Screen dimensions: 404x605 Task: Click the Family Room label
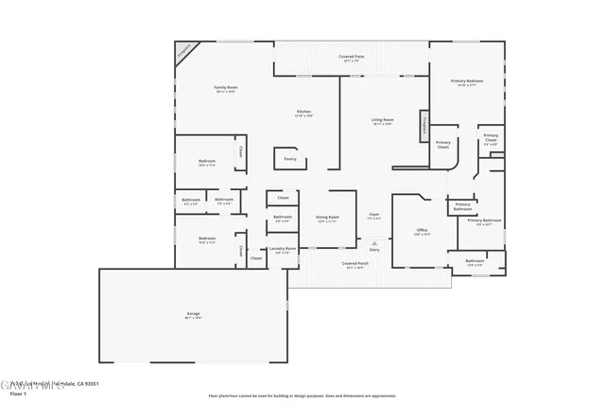point(225,88)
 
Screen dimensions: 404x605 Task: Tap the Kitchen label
point(303,113)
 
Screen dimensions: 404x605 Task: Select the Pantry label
point(290,159)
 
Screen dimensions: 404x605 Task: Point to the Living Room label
point(382,120)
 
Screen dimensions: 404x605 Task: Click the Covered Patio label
point(354,58)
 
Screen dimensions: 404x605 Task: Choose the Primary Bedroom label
point(467,82)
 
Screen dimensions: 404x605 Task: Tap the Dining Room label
point(327,219)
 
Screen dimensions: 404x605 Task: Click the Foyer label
point(374,216)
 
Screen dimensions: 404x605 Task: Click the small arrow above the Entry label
point(374,242)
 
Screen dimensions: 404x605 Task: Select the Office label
point(422,231)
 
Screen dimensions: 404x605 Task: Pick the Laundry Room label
point(283,250)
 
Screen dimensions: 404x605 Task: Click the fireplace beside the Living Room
point(425,124)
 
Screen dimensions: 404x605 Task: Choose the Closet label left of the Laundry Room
point(256,257)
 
